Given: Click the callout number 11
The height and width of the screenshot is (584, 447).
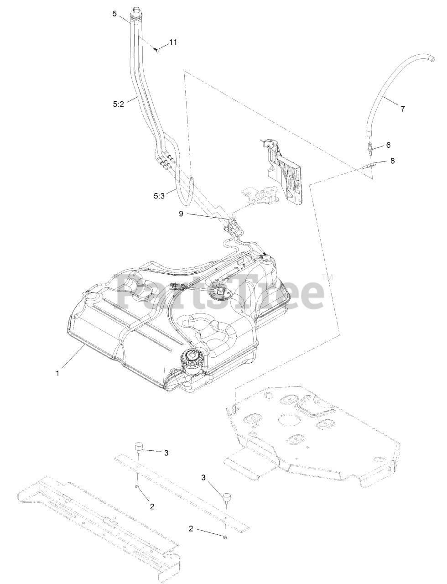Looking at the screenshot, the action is pos(173,42).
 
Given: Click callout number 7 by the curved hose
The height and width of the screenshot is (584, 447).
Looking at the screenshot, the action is pos(402,109).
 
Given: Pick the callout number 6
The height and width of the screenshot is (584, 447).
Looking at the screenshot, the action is pos(388,145).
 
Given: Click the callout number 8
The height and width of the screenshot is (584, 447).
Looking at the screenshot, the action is pos(393,161).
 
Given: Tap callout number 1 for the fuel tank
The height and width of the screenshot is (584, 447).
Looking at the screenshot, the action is pos(58,373).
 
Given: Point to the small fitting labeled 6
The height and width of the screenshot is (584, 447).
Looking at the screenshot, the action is pos(370,147).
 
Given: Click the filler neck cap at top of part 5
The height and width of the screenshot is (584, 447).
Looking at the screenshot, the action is pos(136,11).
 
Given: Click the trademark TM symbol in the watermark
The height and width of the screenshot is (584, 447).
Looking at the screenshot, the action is pos(327,277).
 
